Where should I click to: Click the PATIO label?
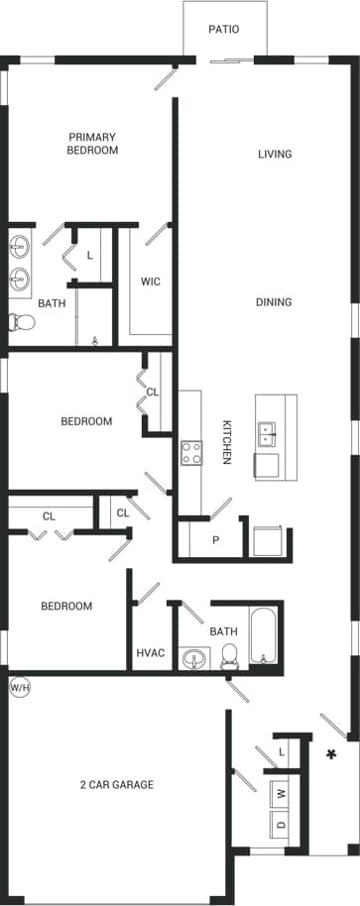coord(223,30)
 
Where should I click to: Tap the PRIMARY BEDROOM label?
coord(92,144)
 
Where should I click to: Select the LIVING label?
coord(275,154)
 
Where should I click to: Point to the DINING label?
coord(274,302)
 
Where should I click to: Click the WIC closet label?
coord(150,282)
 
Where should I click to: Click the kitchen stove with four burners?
coord(190,453)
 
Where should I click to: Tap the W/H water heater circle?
coord(19,686)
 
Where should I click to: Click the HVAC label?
coord(149,652)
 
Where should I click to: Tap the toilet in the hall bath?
coord(230,654)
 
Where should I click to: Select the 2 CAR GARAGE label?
coord(117,785)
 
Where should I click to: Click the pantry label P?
coord(216,541)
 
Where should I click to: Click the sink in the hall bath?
coord(193,657)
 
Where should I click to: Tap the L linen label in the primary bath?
coord(89,255)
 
